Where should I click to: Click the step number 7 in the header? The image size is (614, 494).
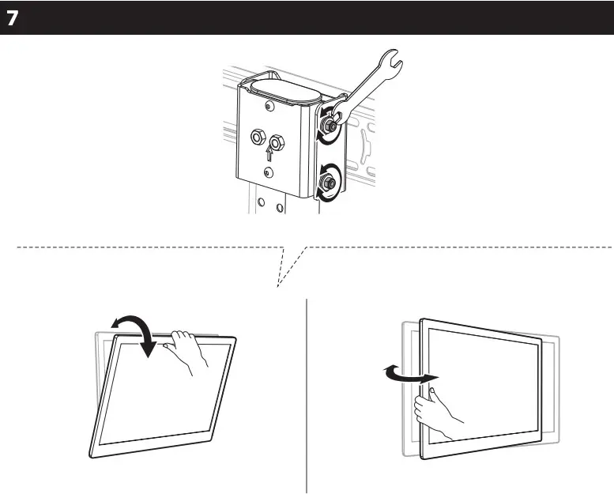click(x=13, y=19)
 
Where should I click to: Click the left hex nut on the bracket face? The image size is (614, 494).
click(x=258, y=137)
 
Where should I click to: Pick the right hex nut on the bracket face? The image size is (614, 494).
click(x=276, y=142)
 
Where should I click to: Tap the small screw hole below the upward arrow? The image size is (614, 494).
click(x=269, y=172)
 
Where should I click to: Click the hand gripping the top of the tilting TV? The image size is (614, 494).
click(x=189, y=347)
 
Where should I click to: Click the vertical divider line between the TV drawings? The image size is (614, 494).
click(x=307, y=395)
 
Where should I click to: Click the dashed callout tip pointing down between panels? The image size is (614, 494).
click(x=278, y=286)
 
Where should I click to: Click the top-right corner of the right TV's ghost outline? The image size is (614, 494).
click(x=557, y=338)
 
